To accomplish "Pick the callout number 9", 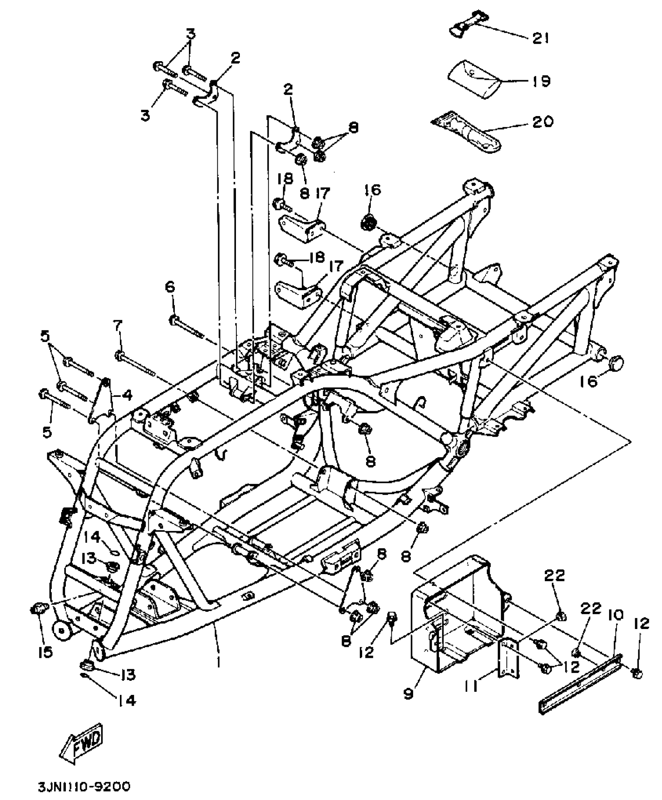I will [x=408, y=694].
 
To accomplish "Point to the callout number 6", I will [x=170, y=288].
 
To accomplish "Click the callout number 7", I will [x=118, y=324].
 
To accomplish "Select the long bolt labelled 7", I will [x=135, y=362].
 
